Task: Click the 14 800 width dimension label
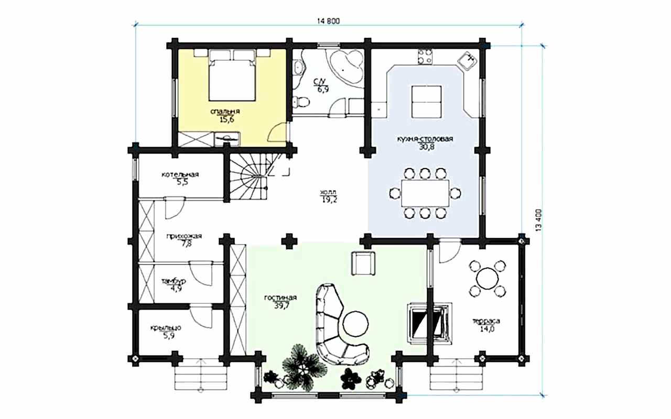[328, 21]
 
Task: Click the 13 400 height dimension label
[538, 220]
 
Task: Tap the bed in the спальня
[232, 75]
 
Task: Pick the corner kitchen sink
[467, 61]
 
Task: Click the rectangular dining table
[425, 193]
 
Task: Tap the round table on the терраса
[488, 278]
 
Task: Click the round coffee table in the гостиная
[355, 324]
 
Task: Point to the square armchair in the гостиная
[363, 263]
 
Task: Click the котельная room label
[180, 174]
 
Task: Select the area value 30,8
[427, 147]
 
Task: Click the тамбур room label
[174, 281]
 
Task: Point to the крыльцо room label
[166, 328]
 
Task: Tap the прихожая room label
[184, 236]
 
